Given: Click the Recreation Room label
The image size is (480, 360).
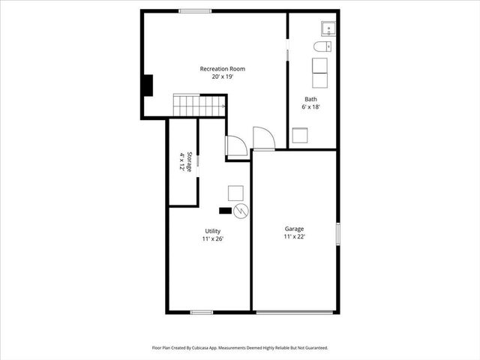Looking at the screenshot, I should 222,69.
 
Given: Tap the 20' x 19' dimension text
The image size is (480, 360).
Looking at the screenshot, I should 222,76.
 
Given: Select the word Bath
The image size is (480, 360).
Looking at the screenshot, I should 310,100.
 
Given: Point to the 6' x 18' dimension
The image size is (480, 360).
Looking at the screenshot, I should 310,107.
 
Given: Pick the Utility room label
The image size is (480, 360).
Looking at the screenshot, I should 213,231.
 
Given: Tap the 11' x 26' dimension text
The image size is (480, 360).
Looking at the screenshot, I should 213,238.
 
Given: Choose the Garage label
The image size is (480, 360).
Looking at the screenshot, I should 294,229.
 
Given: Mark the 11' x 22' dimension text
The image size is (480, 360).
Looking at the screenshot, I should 294,236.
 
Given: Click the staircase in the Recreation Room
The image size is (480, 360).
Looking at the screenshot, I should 199,105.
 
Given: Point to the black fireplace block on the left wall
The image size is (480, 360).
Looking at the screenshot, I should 148,85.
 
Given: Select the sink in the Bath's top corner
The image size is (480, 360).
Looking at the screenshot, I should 328,29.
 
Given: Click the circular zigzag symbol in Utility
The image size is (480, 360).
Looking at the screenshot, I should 240,211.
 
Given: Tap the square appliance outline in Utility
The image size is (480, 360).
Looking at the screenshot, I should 235,193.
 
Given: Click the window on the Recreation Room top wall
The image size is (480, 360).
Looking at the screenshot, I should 194,10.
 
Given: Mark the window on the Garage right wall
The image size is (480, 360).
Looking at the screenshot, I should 338,232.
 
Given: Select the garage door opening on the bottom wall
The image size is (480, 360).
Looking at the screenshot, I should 294,312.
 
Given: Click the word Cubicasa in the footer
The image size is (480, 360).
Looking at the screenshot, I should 211,348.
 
